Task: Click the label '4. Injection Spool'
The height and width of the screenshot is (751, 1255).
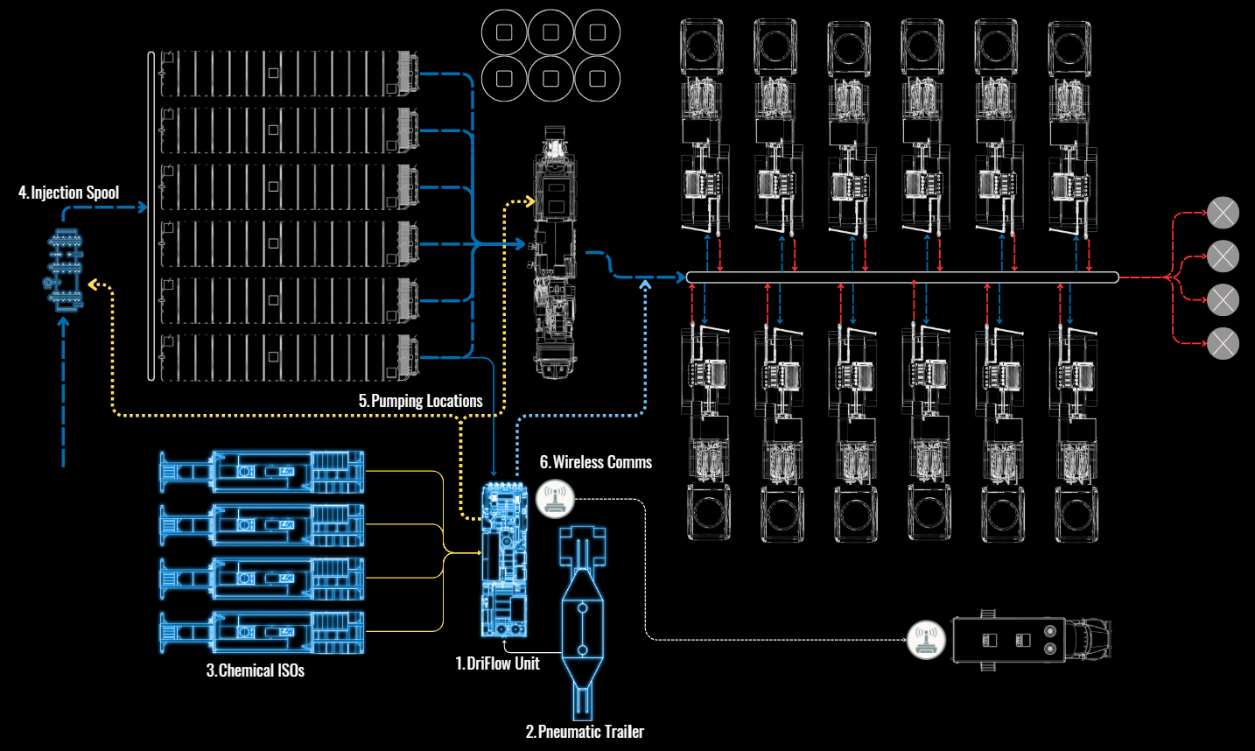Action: point(69,193)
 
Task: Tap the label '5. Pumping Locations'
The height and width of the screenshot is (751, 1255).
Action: point(421,401)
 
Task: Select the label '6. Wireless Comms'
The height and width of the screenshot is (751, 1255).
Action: point(596,462)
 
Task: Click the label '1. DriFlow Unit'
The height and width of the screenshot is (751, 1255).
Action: point(497,663)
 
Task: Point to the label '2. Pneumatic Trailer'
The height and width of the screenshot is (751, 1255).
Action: point(585,732)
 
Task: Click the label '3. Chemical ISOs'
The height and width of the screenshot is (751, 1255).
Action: point(256,670)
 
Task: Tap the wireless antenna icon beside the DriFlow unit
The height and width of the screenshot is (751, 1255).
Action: point(555,499)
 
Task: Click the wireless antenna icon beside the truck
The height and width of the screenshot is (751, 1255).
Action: point(926,640)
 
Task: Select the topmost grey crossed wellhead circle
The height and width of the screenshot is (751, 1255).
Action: point(1223,213)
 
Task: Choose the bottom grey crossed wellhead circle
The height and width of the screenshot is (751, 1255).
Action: point(1223,343)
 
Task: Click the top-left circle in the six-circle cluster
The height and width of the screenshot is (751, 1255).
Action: point(504,32)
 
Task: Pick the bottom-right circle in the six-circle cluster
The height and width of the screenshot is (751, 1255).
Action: point(598,79)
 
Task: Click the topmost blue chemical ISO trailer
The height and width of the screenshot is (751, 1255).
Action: point(262,472)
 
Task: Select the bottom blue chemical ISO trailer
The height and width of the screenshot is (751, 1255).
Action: point(262,632)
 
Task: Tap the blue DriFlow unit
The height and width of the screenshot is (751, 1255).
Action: point(505,560)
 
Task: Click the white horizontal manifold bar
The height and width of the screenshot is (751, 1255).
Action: point(902,277)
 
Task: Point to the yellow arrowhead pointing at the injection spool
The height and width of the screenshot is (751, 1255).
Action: point(94,284)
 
